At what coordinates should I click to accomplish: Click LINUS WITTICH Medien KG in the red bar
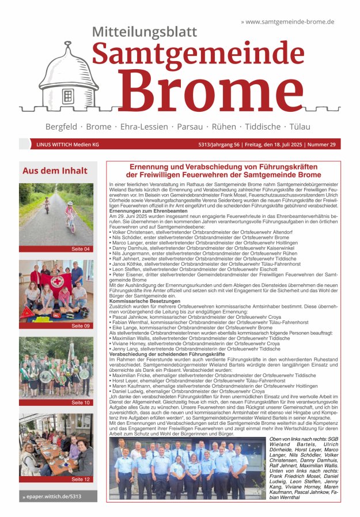pyautogui.click(x=68, y=145)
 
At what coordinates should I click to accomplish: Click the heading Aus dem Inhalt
pyautogui.click(x=55, y=171)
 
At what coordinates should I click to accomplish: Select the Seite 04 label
pyautogui.click(x=81, y=249)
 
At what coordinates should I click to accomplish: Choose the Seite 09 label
pyautogui.click(x=81, y=326)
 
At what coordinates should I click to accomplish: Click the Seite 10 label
pyautogui.click(x=81, y=402)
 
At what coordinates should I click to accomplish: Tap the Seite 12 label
pyautogui.click(x=81, y=479)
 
